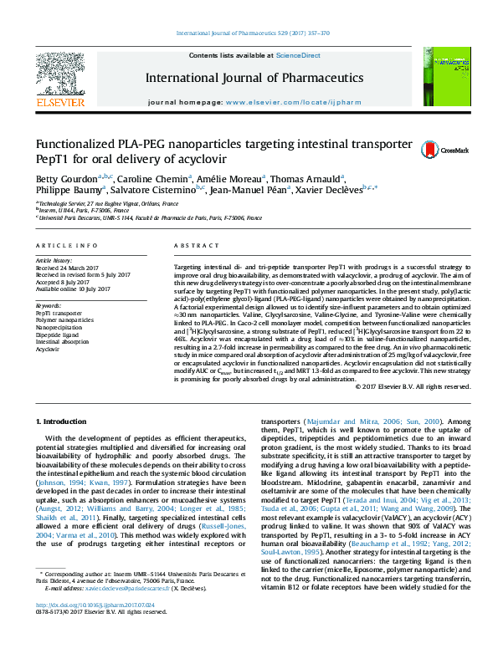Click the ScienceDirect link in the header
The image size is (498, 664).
(298, 55)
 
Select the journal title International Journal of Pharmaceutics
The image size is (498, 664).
(254, 78)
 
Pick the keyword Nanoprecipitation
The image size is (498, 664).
(59, 327)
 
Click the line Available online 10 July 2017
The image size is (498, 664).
(73, 289)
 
